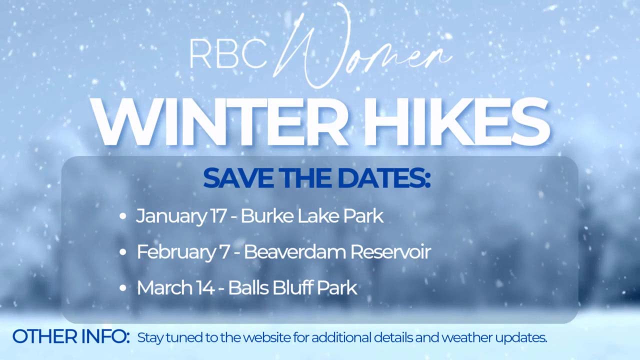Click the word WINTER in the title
pyautogui.click(x=220, y=122)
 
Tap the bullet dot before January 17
pyautogui.click(x=123, y=216)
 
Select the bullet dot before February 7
pyautogui.click(x=123, y=252)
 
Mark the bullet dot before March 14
pyautogui.click(x=123, y=288)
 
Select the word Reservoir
pyautogui.click(x=390, y=252)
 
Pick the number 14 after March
pyautogui.click(x=205, y=288)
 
